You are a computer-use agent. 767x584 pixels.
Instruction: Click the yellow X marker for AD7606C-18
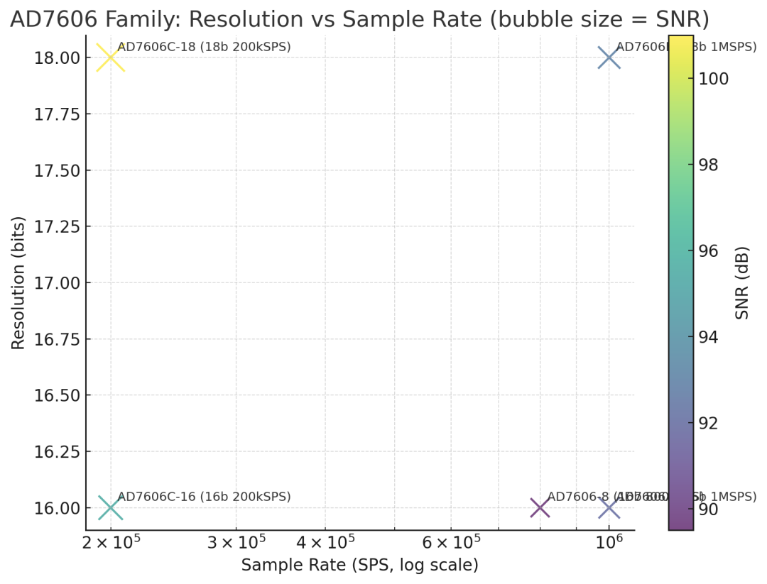(110, 57)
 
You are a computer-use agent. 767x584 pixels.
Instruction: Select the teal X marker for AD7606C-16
(110, 508)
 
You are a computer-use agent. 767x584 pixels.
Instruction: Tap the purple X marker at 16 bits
(540, 508)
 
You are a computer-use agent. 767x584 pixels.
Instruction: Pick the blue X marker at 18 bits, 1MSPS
(609, 57)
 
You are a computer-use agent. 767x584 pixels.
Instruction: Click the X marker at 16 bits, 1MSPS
(609, 508)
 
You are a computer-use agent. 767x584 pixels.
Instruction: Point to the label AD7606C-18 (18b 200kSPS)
(204, 48)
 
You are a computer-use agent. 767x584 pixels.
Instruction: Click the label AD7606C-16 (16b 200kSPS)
(204, 497)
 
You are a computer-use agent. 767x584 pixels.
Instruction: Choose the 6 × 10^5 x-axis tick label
(451, 544)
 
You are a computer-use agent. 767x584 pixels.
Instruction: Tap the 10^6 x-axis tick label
(609, 544)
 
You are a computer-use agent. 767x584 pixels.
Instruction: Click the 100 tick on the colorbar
(713, 79)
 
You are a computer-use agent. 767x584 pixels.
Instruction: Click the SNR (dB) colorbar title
(742, 283)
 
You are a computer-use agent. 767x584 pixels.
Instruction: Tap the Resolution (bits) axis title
(18, 283)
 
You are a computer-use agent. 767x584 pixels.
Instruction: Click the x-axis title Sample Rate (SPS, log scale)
(359, 566)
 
